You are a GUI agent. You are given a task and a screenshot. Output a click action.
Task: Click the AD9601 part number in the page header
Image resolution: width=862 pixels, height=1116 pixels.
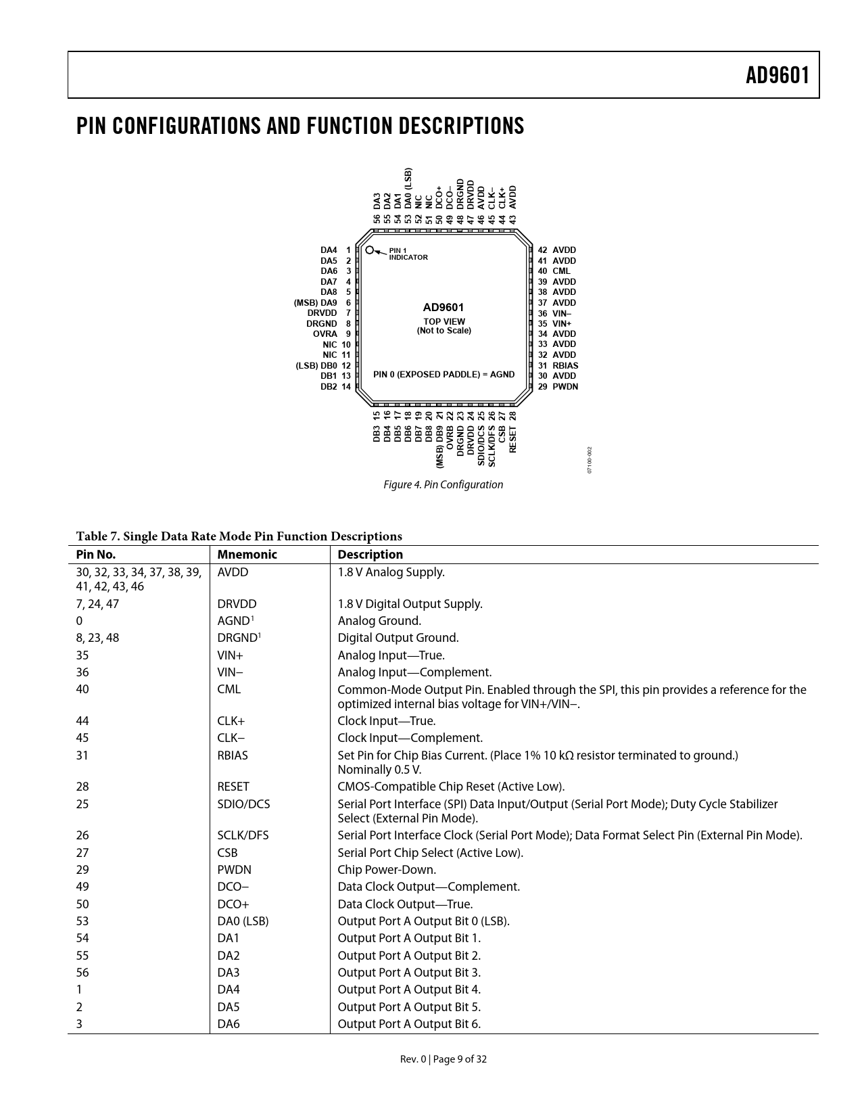[x=777, y=75]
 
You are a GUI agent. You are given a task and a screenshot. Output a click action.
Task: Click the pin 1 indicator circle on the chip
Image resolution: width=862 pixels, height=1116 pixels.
[x=370, y=250]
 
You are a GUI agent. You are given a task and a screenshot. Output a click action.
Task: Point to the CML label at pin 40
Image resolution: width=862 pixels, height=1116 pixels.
[x=561, y=271]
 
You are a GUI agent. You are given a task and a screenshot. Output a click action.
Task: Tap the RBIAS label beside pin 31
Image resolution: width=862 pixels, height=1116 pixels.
[x=565, y=365]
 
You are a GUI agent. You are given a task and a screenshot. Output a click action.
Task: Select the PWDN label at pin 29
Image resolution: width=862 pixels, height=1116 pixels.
[x=565, y=387]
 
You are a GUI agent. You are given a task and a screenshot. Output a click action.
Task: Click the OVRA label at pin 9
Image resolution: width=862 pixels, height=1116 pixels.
[x=325, y=334]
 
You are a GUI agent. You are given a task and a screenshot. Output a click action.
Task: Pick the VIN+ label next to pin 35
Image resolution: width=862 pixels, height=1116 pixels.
[x=562, y=324]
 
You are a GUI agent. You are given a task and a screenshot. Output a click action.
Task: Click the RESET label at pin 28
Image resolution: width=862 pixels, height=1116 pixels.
[x=512, y=440]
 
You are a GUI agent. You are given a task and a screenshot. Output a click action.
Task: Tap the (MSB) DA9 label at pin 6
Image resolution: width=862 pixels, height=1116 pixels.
[x=315, y=303]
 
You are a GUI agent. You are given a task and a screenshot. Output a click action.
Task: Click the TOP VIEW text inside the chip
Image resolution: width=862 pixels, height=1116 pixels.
[x=444, y=322]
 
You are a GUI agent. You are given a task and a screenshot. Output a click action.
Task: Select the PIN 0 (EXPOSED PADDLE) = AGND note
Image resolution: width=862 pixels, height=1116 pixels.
[x=444, y=375]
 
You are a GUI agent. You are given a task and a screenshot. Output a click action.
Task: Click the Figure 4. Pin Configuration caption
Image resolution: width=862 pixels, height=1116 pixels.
[x=443, y=484]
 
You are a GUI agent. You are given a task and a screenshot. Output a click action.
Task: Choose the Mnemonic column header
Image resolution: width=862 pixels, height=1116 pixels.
[x=247, y=555]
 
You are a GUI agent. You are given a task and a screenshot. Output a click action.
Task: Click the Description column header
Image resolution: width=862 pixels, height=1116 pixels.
[x=370, y=555]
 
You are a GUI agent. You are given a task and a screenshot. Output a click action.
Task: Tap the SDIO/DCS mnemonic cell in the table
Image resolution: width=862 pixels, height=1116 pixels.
[x=243, y=804]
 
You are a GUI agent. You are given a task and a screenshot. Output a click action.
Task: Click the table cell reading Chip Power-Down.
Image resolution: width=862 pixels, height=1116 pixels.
[x=387, y=870]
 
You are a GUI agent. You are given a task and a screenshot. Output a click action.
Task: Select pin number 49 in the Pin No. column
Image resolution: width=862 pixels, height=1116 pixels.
[x=82, y=887]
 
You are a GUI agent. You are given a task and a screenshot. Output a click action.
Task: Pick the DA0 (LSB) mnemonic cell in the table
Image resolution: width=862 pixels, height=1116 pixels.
[x=243, y=921]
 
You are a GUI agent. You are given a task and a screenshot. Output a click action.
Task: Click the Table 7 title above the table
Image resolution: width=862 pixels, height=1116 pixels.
[x=239, y=536]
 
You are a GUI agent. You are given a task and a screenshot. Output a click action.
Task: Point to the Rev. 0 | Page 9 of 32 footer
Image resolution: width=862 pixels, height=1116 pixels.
[x=443, y=1059]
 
